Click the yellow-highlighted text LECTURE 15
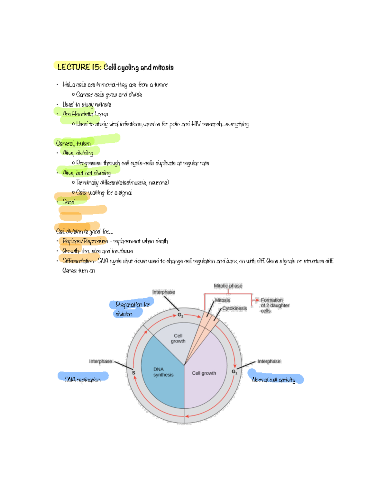(79, 67)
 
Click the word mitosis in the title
(163, 67)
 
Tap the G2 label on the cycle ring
(180, 315)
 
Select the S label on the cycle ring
(133, 373)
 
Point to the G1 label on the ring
(234, 372)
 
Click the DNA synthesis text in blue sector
(163, 372)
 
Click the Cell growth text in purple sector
(204, 373)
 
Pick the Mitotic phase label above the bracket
(228, 286)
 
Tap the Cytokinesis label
(234, 308)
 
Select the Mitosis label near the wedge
(222, 300)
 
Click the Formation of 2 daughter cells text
(275, 305)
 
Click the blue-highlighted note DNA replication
(83, 379)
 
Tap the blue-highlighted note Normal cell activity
(274, 380)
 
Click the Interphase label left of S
(100, 361)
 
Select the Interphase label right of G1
(269, 361)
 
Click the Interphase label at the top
(163, 292)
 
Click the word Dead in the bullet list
(69, 202)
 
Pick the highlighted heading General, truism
(73, 143)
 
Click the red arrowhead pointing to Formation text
(257, 300)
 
